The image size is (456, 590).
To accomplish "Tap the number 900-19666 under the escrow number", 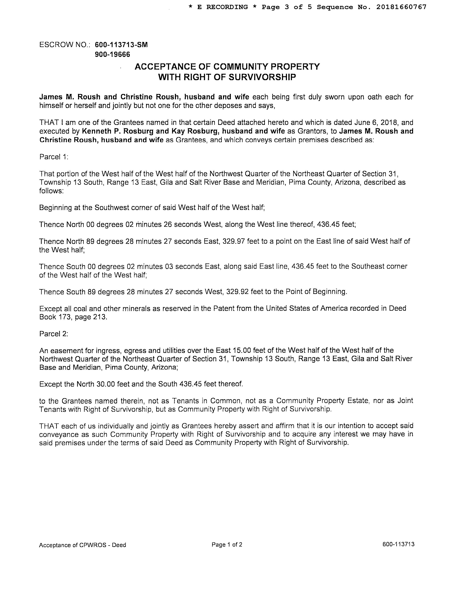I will tap(112, 55).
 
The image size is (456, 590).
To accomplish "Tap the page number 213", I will tap(100, 317).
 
